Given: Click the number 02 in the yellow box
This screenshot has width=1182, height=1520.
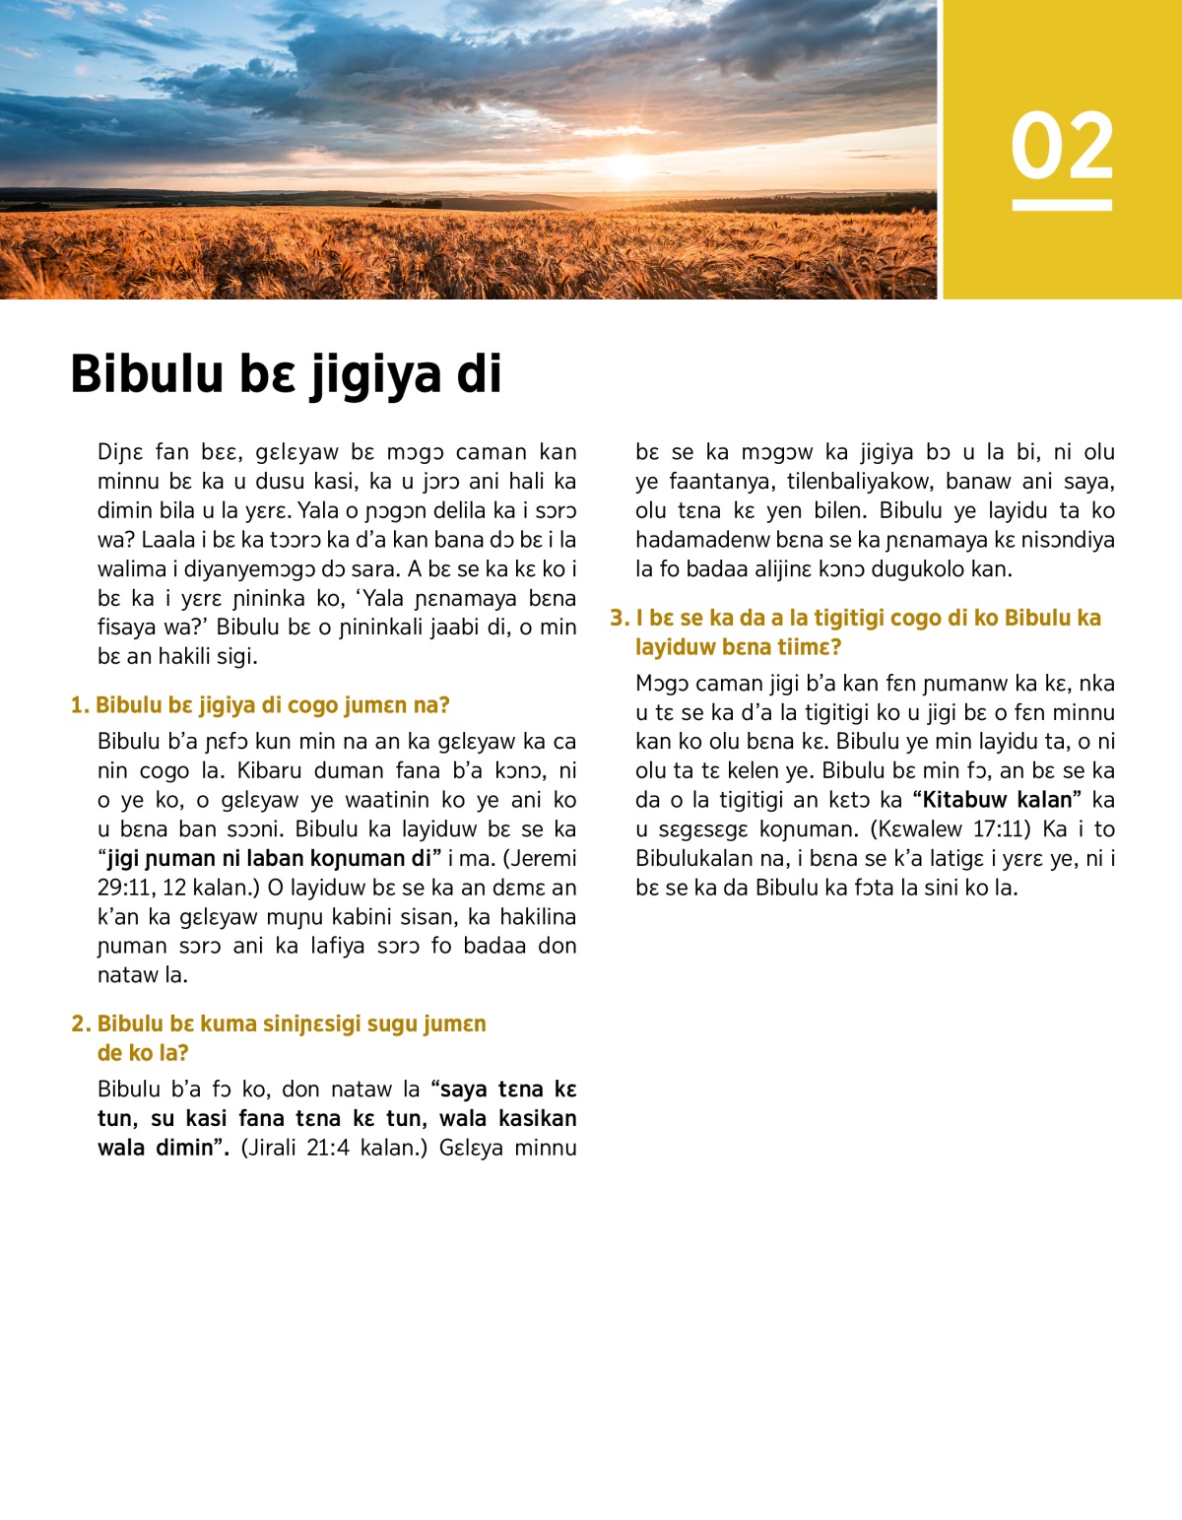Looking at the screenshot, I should (1062, 146).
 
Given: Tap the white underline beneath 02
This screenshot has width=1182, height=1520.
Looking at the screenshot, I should (1062, 205).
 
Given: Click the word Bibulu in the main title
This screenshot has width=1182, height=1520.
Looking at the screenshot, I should (147, 374).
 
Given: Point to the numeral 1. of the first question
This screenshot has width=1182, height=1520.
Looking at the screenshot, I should (80, 705).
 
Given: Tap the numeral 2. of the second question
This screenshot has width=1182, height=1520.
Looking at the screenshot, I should (81, 1024).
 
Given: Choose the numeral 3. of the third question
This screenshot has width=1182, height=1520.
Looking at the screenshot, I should (620, 619).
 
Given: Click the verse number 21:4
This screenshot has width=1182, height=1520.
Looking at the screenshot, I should (328, 1148).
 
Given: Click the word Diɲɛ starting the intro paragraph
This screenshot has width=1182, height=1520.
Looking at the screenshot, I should (120, 452).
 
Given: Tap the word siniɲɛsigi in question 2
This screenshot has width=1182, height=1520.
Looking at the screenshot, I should (312, 1024).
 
